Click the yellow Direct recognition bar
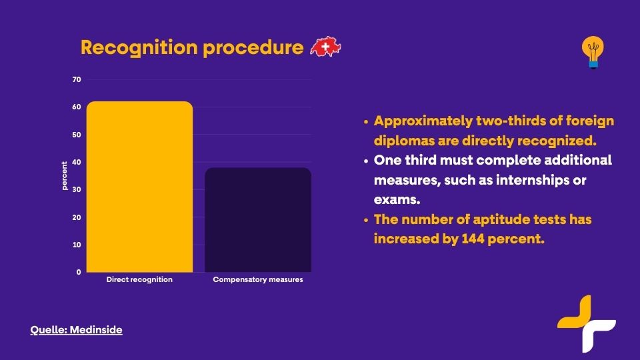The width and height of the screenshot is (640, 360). click(x=139, y=187)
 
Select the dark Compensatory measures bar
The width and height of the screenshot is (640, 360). click(x=258, y=219)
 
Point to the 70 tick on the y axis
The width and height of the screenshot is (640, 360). click(x=77, y=79)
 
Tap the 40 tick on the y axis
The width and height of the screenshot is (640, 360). click(x=77, y=162)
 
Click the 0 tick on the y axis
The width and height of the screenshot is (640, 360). click(x=79, y=272)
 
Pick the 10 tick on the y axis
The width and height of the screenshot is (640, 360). click(x=77, y=245)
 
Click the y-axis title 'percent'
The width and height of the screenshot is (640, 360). click(x=64, y=175)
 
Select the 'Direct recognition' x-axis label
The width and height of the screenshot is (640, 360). click(x=139, y=279)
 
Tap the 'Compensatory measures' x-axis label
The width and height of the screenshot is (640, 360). click(x=258, y=279)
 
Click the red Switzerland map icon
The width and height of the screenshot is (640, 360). click(x=326, y=47)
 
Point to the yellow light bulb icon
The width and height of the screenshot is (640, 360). click(x=593, y=52)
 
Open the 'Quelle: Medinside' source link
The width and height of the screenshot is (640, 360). click(x=76, y=330)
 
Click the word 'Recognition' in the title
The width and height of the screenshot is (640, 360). click(x=139, y=48)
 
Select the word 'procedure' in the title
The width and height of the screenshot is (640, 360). click(x=253, y=48)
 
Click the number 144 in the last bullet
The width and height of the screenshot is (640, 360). click(x=473, y=239)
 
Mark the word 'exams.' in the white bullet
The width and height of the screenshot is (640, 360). click(x=397, y=199)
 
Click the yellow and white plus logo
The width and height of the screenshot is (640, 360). click(x=587, y=324)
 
